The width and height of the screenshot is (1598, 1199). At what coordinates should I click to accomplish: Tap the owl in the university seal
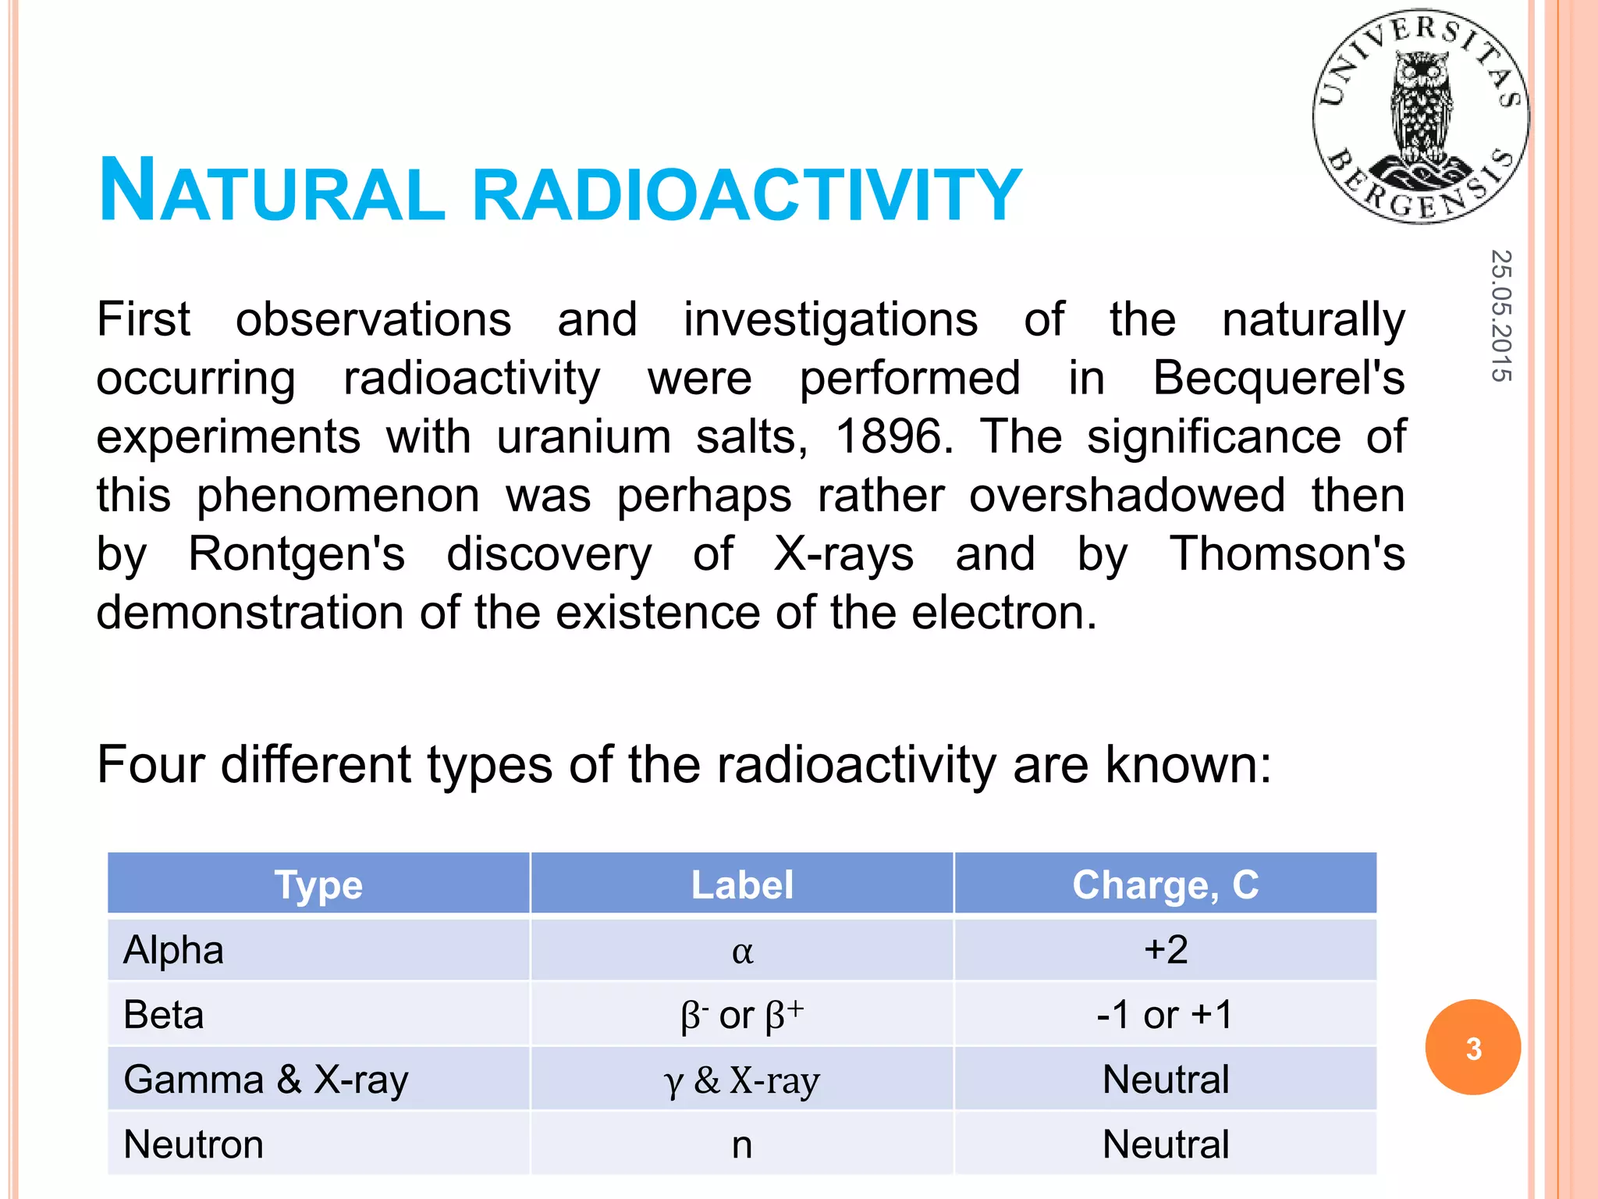click(x=1422, y=109)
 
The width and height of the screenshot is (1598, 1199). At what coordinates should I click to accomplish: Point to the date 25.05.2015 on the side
click(x=1500, y=315)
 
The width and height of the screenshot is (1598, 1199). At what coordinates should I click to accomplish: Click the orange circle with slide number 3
click(x=1472, y=1048)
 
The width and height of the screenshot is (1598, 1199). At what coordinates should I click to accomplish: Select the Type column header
click(x=318, y=885)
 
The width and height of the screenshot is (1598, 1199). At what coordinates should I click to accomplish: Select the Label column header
click(x=742, y=885)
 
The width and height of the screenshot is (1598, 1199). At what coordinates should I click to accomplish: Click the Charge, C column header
click(x=1165, y=885)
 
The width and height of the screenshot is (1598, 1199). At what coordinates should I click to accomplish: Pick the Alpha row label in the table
click(x=174, y=950)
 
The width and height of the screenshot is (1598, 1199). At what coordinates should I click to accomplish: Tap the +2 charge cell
click(x=1166, y=950)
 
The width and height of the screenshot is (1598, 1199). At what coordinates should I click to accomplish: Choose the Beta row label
click(x=164, y=1015)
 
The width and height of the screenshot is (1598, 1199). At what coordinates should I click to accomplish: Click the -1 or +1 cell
click(x=1165, y=1015)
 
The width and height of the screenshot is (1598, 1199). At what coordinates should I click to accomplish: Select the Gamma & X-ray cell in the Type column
click(x=266, y=1080)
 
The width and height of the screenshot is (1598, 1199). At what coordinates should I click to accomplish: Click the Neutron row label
click(x=194, y=1144)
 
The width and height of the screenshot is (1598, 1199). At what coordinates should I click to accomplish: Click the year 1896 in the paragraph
click(x=893, y=436)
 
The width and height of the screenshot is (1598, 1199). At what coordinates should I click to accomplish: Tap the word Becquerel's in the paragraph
click(x=1278, y=378)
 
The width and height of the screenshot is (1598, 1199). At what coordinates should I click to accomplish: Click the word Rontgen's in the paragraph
click(x=297, y=554)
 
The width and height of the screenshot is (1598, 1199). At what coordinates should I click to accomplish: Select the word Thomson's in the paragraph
click(x=1287, y=554)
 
